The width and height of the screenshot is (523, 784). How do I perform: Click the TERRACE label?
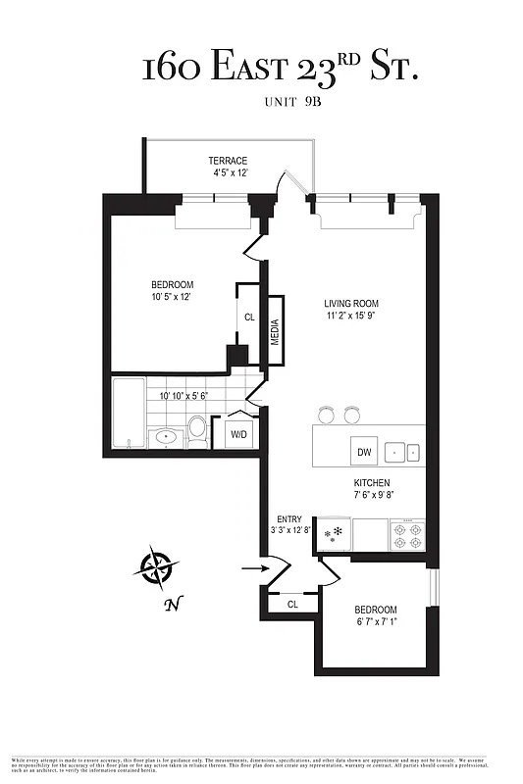pyautogui.click(x=228, y=161)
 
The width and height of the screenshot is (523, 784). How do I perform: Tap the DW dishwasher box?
pyautogui.click(x=362, y=452)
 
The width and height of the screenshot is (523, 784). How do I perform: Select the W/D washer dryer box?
pyautogui.click(x=239, y=433)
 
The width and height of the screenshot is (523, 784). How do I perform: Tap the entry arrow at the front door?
pyautogui.click(x=252, y=566)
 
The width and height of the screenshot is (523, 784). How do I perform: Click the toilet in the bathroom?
pyautogui.click(x=197, y=427)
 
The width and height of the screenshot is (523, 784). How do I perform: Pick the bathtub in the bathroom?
pyautogui.click(x=129, y=416)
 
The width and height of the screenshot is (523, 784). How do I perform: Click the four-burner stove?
pyautogui.click(x=407, y=535)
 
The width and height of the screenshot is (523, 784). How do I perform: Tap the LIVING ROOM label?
pyautogui.click(x=352, y=304)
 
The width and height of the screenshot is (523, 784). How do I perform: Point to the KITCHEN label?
pyautogui.click(x=373, y=483)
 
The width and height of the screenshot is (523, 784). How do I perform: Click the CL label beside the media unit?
pyautogui.click(x=249, y=318)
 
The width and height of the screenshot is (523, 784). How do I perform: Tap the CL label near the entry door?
pyautogui.click(x=292, y=605)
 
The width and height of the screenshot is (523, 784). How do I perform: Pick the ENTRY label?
pyautogui.click(x=290, y=518)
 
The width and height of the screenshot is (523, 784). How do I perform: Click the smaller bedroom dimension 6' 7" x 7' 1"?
pyautogui.click(x=376, y=622)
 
